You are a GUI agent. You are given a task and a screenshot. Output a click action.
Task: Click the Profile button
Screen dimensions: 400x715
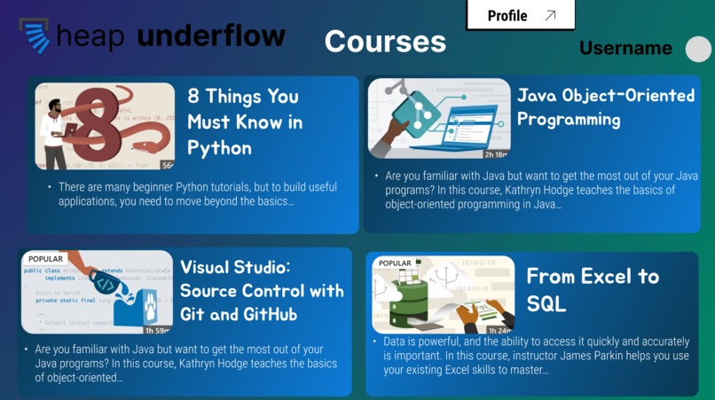520,16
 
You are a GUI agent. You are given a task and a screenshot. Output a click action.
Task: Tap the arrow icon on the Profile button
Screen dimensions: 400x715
550,16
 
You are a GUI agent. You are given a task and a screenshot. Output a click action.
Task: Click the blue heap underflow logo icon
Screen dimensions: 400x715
35,37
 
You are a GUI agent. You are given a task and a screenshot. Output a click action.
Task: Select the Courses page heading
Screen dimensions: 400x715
385,41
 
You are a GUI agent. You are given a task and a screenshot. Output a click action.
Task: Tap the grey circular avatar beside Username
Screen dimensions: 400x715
698,49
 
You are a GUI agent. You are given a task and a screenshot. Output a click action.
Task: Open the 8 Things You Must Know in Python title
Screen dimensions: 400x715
244,122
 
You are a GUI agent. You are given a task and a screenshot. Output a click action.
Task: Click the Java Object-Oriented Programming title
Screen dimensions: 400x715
606,106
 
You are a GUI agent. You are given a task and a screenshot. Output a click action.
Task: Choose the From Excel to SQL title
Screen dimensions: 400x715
593,289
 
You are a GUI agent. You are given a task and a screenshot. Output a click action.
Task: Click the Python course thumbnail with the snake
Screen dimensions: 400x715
105,126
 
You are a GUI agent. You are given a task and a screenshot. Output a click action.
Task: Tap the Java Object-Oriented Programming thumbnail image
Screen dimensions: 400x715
439,118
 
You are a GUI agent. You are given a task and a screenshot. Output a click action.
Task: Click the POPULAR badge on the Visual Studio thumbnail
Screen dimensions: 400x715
46,259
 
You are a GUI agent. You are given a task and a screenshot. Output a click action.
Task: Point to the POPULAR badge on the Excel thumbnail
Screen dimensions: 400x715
396,263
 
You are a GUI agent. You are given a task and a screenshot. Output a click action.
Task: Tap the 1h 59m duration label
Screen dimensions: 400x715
158,331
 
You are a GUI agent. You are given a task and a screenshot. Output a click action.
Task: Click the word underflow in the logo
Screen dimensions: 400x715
211,36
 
